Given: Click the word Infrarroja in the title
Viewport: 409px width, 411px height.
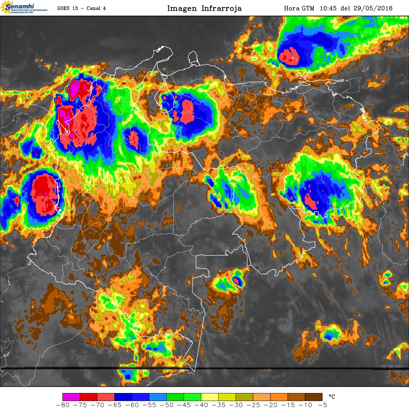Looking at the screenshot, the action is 221,8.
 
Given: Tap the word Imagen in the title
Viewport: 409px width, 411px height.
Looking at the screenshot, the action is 182,8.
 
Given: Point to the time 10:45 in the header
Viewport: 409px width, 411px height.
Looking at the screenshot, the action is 328,8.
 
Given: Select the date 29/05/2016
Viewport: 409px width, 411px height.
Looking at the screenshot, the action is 373,8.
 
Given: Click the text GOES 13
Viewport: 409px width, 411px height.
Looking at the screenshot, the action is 67,8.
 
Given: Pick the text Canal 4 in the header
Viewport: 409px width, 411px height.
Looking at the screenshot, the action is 96,8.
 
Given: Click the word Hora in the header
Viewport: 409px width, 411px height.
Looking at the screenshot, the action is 292,8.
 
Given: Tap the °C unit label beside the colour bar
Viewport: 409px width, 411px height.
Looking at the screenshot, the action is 332,397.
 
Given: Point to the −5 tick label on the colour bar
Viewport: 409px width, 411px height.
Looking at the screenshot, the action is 322,405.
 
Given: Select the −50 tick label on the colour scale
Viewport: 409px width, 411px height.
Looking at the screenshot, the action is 167,405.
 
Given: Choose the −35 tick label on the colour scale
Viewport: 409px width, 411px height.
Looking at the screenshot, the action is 219,405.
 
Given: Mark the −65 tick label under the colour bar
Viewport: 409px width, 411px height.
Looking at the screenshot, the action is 115,405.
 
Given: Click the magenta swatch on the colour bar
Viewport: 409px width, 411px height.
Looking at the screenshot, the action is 71,397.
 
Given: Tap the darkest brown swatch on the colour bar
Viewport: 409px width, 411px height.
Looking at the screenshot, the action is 314,397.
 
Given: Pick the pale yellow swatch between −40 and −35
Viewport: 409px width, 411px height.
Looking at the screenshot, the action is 210,397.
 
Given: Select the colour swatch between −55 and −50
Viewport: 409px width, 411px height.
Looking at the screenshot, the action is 158,397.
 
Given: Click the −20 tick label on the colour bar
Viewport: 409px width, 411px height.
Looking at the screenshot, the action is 270,405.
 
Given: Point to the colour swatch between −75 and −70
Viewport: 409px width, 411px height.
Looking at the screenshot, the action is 88,397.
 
